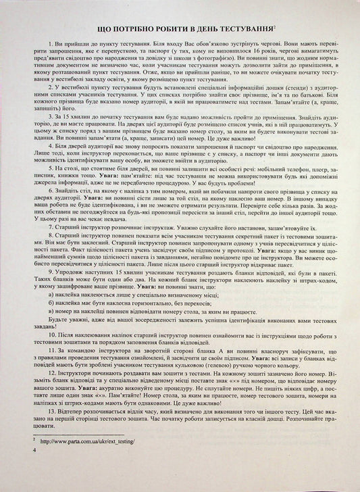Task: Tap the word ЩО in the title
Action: [107, 30]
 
